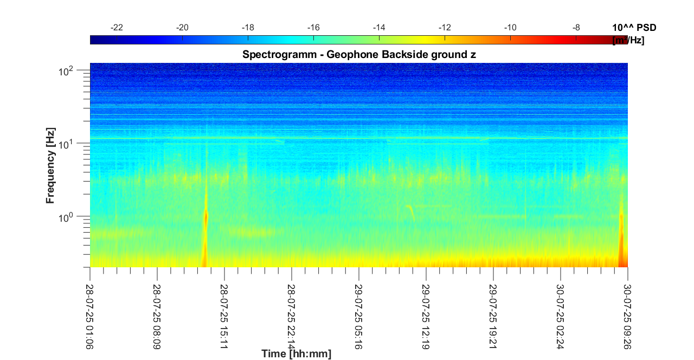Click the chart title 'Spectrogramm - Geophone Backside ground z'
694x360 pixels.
pos(359,54)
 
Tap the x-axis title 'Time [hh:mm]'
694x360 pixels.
pos(296,354)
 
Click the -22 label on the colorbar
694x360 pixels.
pos(116,28)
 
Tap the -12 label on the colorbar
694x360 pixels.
pos(445,28)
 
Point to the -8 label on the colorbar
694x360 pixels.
pos(576,28)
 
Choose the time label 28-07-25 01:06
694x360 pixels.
pos(90,311)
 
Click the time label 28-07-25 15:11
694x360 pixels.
pos(224,311)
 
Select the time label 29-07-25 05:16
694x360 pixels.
pos(358,311)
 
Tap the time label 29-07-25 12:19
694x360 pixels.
pos(426,311)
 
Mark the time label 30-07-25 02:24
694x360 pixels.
pos(560,311)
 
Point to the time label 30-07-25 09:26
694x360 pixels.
pos(627,311)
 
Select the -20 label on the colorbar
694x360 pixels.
pos(182,28)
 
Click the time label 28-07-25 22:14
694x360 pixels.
pos(292,311)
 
